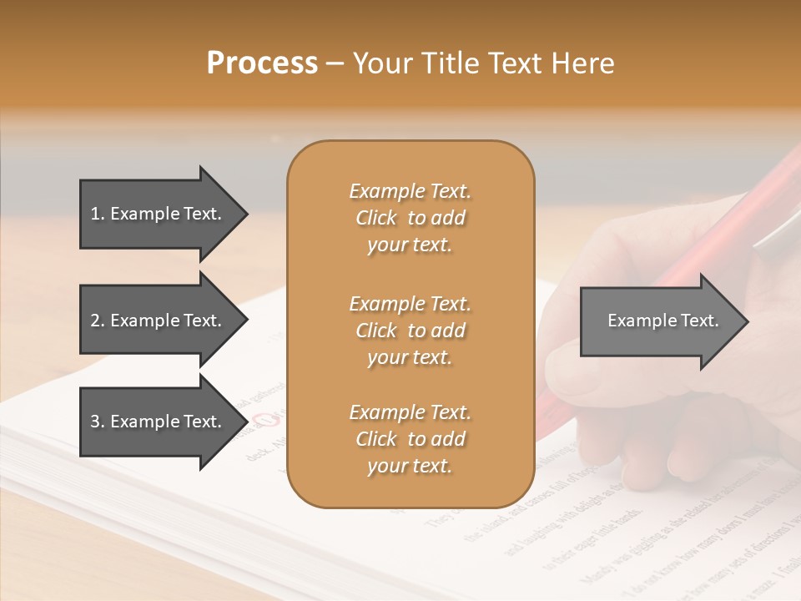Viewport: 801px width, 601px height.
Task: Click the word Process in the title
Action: (262, 63)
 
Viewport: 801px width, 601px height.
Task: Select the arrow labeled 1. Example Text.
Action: (159, 214)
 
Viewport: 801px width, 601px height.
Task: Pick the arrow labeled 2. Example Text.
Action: (159, 321)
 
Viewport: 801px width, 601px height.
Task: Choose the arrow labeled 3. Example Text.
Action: (159, 422)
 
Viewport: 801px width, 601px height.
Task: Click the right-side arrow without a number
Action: (659, 321)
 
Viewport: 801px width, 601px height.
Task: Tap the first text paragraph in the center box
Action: (410, 218)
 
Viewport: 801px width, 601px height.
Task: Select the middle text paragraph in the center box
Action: (410, 331)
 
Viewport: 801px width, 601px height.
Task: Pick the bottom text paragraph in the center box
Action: (410, 439)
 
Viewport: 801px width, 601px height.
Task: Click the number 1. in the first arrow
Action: (98, 214)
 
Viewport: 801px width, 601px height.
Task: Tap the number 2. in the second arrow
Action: (98, 321)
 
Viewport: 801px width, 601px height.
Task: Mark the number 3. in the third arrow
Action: (98, 422)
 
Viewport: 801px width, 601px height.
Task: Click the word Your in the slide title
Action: (380, 63)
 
